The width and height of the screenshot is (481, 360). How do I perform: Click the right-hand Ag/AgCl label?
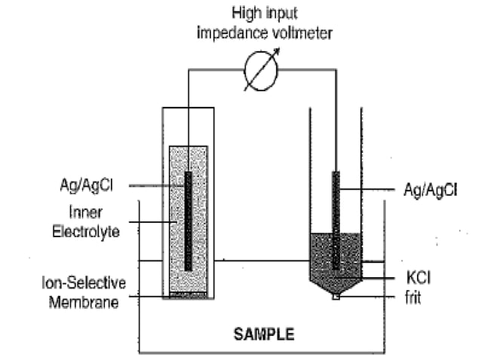430,190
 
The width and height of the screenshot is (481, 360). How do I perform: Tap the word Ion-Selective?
84,284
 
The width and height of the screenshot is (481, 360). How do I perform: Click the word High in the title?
246,13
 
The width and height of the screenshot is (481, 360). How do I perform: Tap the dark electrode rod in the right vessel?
335,218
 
